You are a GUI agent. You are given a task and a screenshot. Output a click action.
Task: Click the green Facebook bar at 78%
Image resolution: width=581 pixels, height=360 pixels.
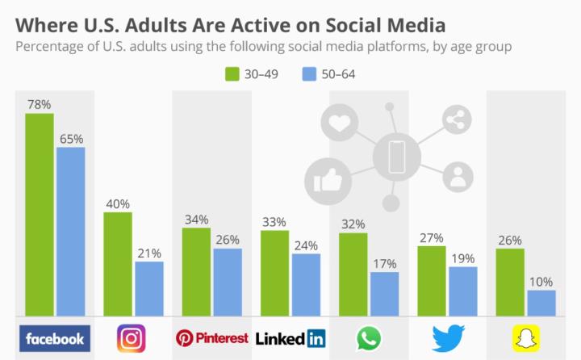click(40, 214)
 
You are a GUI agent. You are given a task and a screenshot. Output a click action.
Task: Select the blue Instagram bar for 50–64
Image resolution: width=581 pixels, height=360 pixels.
click(149, 288)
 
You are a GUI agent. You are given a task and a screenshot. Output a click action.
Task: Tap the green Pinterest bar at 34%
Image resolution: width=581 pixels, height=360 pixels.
click(196, 271)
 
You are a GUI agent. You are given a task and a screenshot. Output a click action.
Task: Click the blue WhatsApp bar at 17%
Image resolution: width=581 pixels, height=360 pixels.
click(384, 294)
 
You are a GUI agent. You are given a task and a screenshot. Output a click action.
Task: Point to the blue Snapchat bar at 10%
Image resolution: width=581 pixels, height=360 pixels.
click(541, 303)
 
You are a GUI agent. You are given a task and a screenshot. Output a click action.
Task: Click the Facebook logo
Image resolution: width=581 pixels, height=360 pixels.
click(55, 338)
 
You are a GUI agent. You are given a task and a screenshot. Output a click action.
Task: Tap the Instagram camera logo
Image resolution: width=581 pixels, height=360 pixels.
click(132, 338)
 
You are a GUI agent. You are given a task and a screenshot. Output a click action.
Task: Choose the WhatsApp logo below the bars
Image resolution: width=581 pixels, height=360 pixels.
click(368, 338)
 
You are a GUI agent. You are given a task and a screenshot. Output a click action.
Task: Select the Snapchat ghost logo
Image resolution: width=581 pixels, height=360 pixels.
click(525, 338)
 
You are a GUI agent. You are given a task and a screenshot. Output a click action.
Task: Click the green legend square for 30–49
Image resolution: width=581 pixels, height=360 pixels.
click(231, 74)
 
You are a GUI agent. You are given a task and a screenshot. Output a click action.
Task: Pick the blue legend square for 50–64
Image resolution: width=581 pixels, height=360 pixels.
click(308, 74)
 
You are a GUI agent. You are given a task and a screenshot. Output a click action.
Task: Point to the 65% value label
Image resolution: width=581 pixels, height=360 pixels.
click(70, 139)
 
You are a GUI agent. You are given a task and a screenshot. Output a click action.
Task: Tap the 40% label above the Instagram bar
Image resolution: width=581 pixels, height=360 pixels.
click(118, 203)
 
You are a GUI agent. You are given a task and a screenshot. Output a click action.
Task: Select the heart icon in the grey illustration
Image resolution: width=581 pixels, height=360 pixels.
click(338, 123)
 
